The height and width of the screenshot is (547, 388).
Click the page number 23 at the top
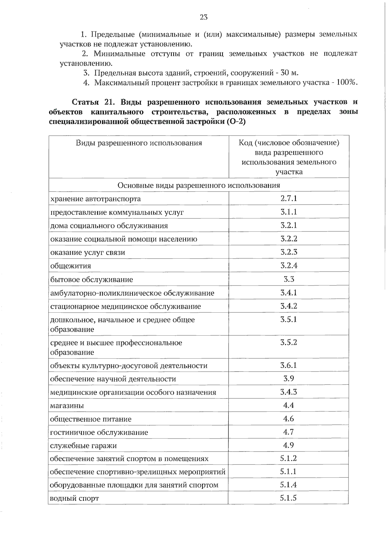pos(204,17)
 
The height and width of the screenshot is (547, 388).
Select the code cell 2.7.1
pos(288,198)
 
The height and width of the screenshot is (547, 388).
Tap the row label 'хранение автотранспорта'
pos(95,199)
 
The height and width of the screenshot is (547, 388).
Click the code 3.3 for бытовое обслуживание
pos(289,279)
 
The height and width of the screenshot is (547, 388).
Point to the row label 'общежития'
pos(70,266)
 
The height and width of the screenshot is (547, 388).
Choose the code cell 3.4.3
pos(288,392)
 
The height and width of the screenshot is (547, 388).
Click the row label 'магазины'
pos(67,406)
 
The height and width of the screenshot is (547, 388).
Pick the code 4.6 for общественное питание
pos(288,419)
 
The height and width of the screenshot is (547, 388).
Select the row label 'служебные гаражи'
pos(83,446)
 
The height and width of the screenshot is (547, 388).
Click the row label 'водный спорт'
pos(74,498)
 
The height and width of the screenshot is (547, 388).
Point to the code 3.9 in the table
pos(288,378)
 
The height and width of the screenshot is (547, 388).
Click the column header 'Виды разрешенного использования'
pos(139,143)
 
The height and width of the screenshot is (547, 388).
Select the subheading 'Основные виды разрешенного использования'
pos(199,185)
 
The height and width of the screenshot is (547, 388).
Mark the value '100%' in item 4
pos(346,83)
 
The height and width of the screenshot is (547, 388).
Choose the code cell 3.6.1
pos(288,365)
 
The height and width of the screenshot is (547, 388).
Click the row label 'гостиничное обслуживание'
pos(99,432)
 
